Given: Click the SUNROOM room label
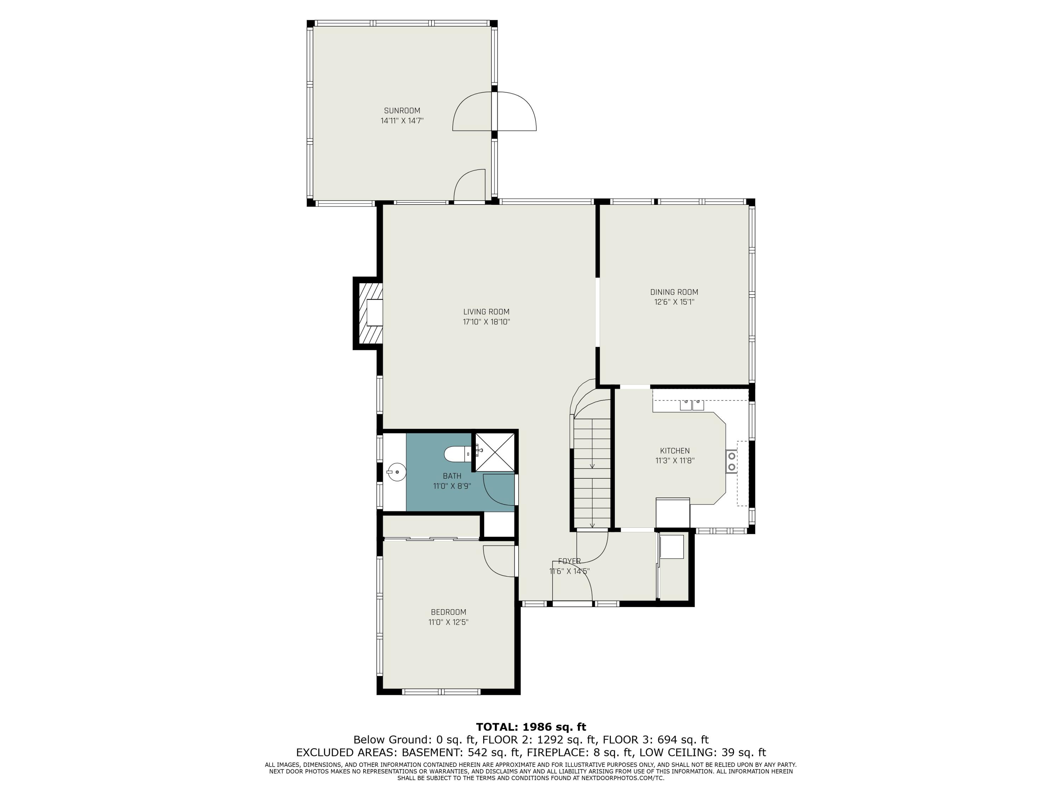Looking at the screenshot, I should tap(402, 110).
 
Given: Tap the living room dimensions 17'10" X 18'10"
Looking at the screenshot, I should tap(486, 322).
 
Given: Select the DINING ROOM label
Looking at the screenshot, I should tap(674, 292).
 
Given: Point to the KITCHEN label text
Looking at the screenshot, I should tap(675, 451).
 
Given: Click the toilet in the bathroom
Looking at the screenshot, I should tap(456, 454).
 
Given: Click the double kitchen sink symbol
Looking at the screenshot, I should tap(691, 404).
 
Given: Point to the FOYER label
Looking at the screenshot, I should tap(569, 561).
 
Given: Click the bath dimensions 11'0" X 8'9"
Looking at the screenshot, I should tap(452, 486).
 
